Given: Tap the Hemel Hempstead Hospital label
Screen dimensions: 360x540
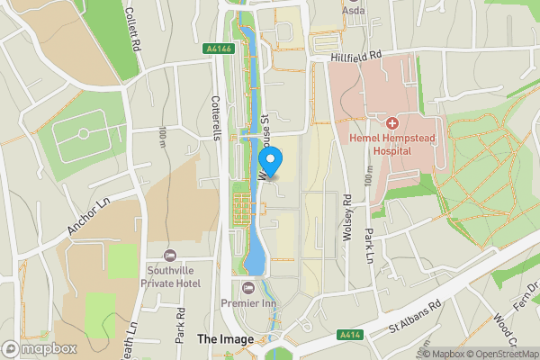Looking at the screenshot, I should (x=393, y=145).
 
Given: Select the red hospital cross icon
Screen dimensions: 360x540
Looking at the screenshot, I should (x=392, y=122).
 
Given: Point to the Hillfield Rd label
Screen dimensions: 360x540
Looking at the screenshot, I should (x=356, y=55).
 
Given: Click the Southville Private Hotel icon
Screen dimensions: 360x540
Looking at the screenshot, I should (x=170, y=256).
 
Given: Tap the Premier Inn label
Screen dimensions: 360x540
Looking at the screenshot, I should (x=247, y=304).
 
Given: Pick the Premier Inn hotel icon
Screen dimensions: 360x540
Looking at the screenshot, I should (x=247, y=287).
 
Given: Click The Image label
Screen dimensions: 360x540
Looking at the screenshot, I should (x=220, y=339).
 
